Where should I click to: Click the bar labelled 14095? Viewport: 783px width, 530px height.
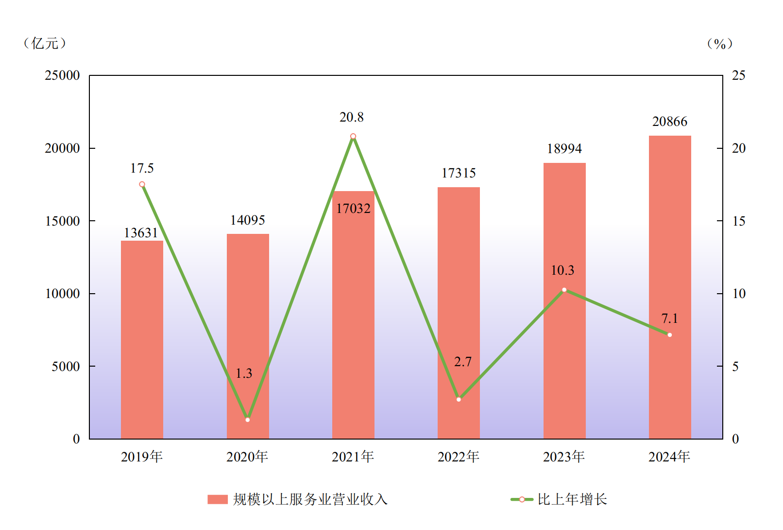coord(248,336)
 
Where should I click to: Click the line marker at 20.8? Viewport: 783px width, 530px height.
coord(353,137)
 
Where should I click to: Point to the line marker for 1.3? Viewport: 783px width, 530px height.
coord(248,420)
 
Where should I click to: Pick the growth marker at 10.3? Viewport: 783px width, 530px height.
coord(564,290)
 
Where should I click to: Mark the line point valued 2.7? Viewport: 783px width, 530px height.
coord(459,399)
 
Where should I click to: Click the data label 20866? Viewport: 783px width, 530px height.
coord(670,122)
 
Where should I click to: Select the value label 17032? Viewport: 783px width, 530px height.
coord(353,209)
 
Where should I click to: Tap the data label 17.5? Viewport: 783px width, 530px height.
coord(142,168)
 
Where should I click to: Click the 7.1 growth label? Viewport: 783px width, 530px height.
coord(670,318)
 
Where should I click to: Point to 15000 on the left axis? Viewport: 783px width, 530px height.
coord(62,221)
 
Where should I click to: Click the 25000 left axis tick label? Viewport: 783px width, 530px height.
coord(62,75)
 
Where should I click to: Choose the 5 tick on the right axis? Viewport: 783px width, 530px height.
coord(735,367)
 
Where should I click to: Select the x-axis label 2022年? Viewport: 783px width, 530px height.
coord(459,457)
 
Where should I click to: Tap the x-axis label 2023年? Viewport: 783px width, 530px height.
coord(564,457)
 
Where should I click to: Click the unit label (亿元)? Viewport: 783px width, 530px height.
coord(45,43)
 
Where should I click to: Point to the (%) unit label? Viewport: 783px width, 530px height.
coord(719,44)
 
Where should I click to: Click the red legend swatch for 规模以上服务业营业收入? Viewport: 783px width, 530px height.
coord(218,499)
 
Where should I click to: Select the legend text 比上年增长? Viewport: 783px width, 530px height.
coord(572,499)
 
